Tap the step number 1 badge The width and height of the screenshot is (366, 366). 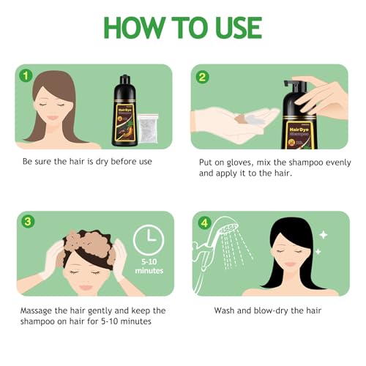point(26,75)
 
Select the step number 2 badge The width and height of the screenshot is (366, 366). point(202,75)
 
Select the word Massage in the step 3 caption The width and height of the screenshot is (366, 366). point(45,310)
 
